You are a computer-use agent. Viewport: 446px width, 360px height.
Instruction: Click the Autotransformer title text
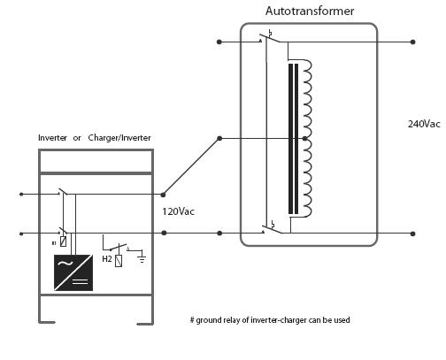point(309,11)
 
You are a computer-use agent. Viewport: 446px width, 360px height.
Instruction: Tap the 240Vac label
point(423,124)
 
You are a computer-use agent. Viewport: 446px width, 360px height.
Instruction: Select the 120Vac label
point(179,211)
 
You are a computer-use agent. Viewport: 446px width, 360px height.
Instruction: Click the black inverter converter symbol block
point(74,272)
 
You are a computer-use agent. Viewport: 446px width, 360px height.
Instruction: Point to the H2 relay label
point(106,259)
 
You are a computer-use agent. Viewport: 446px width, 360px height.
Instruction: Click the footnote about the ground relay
point(276,319)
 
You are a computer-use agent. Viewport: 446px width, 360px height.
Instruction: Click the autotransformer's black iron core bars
point(293,137)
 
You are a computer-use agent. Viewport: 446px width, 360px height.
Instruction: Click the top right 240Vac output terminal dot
point(412,42)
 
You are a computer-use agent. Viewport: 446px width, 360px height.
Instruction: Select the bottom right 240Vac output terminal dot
point(412,234)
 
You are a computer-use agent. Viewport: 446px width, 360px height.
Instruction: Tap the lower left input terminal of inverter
point(21,234)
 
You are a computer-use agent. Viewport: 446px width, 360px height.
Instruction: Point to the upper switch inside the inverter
point(62,192)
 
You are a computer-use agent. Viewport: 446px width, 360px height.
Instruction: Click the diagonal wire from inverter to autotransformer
point(190,166)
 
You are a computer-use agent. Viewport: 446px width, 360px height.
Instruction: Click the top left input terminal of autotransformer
point(219,42)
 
